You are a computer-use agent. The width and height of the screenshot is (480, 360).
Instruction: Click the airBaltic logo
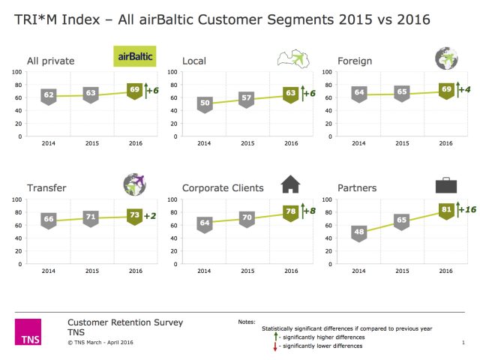[x=135, y=55]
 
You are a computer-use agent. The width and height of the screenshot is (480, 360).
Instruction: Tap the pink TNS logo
[x=28, y=332]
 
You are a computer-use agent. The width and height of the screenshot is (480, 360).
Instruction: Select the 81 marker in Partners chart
[x=445, y=209]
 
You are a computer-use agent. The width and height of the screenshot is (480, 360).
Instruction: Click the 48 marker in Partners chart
[x=360, y=232]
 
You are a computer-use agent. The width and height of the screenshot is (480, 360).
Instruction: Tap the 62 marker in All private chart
[x=49, y=95]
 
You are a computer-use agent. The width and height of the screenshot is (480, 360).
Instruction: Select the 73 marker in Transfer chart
[x=135, y=215]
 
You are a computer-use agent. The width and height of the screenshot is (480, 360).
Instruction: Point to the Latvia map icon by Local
[x=293, y=58]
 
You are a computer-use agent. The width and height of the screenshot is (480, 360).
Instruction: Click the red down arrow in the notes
[x=275, y=347]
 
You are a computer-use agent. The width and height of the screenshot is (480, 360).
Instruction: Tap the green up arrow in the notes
[x=275, y=337]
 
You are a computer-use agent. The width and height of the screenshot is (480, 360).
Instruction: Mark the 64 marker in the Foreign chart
[x=360, y=94]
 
